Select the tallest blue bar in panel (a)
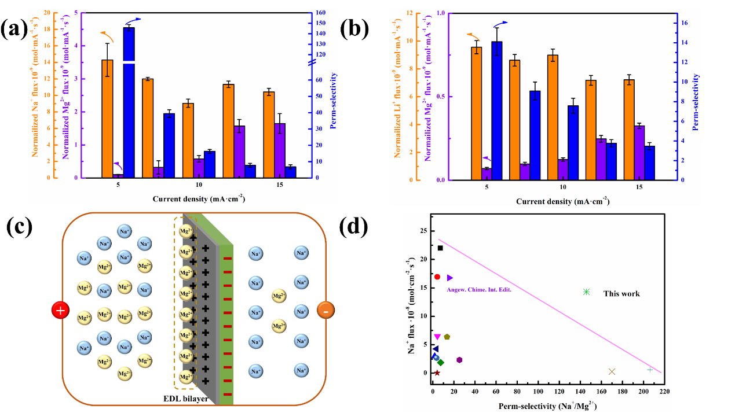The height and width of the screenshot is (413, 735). (x=129, y=102)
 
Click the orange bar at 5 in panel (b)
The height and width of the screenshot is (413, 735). (x=477, y=113)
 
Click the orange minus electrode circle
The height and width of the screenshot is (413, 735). (x=326, y=311)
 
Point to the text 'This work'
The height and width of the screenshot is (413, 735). (x=621, y=294)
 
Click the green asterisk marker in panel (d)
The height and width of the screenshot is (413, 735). (x=586, y=292)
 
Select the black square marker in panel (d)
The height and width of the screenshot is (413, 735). (x=440, y=248)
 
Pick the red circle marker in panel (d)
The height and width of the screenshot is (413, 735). (x=437, y=277)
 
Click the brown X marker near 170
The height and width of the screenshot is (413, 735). (x=612, y=371)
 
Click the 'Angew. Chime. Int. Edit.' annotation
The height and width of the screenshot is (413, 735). (x=478, y=289)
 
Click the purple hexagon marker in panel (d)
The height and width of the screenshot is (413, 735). (x=459, y=360)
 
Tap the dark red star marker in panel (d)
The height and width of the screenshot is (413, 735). (x=437, y=373)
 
